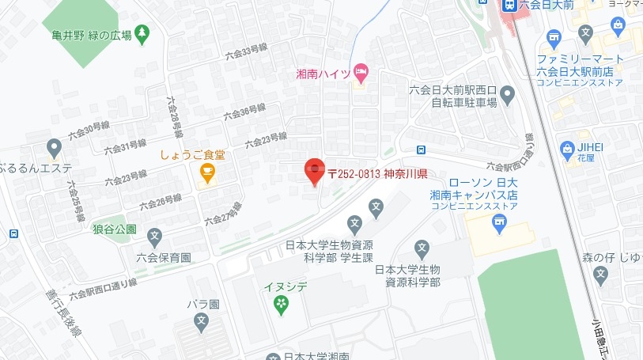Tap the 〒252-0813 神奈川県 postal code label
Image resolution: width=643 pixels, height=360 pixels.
(377, 174)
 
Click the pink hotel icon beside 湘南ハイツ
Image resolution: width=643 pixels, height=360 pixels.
(361, 74)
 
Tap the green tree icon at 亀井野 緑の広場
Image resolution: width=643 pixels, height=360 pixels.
(142, 34)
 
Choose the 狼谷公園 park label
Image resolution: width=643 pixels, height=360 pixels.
(115, 229)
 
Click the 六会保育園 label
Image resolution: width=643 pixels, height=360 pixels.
(164, 257)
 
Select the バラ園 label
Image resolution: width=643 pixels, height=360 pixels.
(202, 304)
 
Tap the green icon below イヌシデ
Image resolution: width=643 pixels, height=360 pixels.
(281, 303)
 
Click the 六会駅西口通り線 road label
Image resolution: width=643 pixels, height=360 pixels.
(104, 288)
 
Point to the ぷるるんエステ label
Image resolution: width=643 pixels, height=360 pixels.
(36, 168)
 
